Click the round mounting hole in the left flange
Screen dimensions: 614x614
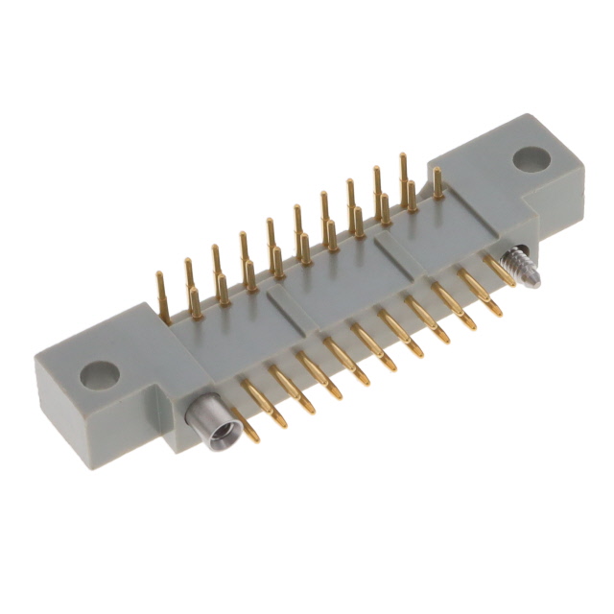(99, 374)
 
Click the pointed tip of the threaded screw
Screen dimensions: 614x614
(536, 282)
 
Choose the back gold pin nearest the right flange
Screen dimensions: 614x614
(437, 183)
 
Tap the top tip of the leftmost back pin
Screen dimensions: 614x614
(159, 276)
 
